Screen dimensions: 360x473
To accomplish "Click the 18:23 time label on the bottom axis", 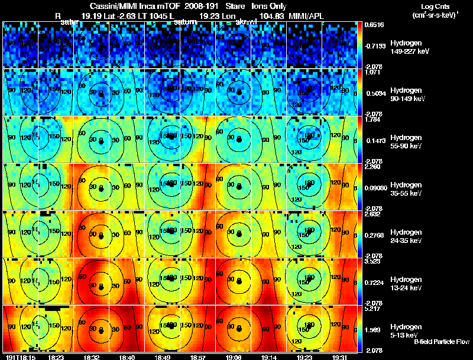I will coord(57,357).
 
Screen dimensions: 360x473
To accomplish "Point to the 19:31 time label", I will coord(339,357).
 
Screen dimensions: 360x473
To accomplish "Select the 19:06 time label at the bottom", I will coord(232,357).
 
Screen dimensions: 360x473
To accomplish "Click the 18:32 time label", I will coord(92,357).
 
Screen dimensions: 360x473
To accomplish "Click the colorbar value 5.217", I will coord(373,309).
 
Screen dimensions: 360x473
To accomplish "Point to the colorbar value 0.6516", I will coord(375,24).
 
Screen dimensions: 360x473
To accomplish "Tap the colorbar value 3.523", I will coord(373,261).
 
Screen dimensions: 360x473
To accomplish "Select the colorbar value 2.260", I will coord(373,167).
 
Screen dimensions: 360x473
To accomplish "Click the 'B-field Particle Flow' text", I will coord(442,342).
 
